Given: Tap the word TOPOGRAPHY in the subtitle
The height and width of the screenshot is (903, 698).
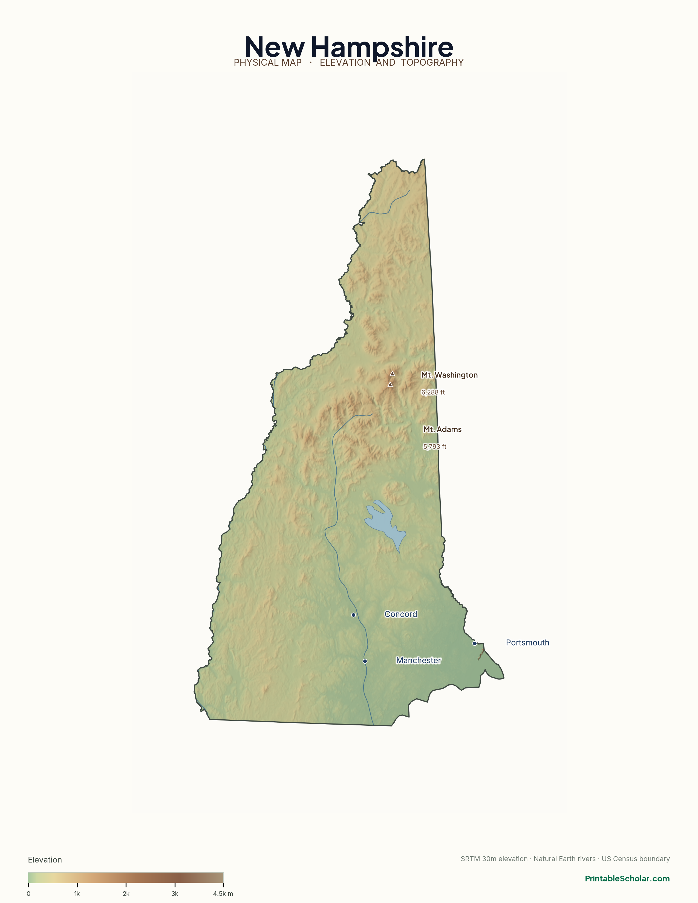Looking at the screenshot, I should tap(432, 62).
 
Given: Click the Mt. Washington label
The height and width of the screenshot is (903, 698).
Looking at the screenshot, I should tap(449, 375).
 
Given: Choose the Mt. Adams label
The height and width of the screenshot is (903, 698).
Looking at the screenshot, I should tap(442, 429).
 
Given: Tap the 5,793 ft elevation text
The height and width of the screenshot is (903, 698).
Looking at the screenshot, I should tap(435, 447).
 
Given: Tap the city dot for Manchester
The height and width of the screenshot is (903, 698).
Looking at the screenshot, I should tap(365, 661).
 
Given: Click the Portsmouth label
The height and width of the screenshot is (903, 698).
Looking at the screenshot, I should tap(527, 642).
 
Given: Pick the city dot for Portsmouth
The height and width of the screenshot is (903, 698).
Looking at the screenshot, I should tap(475, 643).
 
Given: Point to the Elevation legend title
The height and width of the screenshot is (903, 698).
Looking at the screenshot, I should tap(45, 859).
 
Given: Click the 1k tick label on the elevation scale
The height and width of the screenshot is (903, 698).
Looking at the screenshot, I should tap(77, 893).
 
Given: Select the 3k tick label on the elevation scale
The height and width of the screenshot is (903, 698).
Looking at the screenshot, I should tap(175, 893).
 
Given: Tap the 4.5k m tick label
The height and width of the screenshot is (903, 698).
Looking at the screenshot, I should tap(223, 893).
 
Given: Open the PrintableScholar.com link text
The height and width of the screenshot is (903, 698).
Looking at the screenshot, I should tap(627, 879).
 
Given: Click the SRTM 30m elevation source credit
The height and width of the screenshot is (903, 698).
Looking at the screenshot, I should tap(494, 859).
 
